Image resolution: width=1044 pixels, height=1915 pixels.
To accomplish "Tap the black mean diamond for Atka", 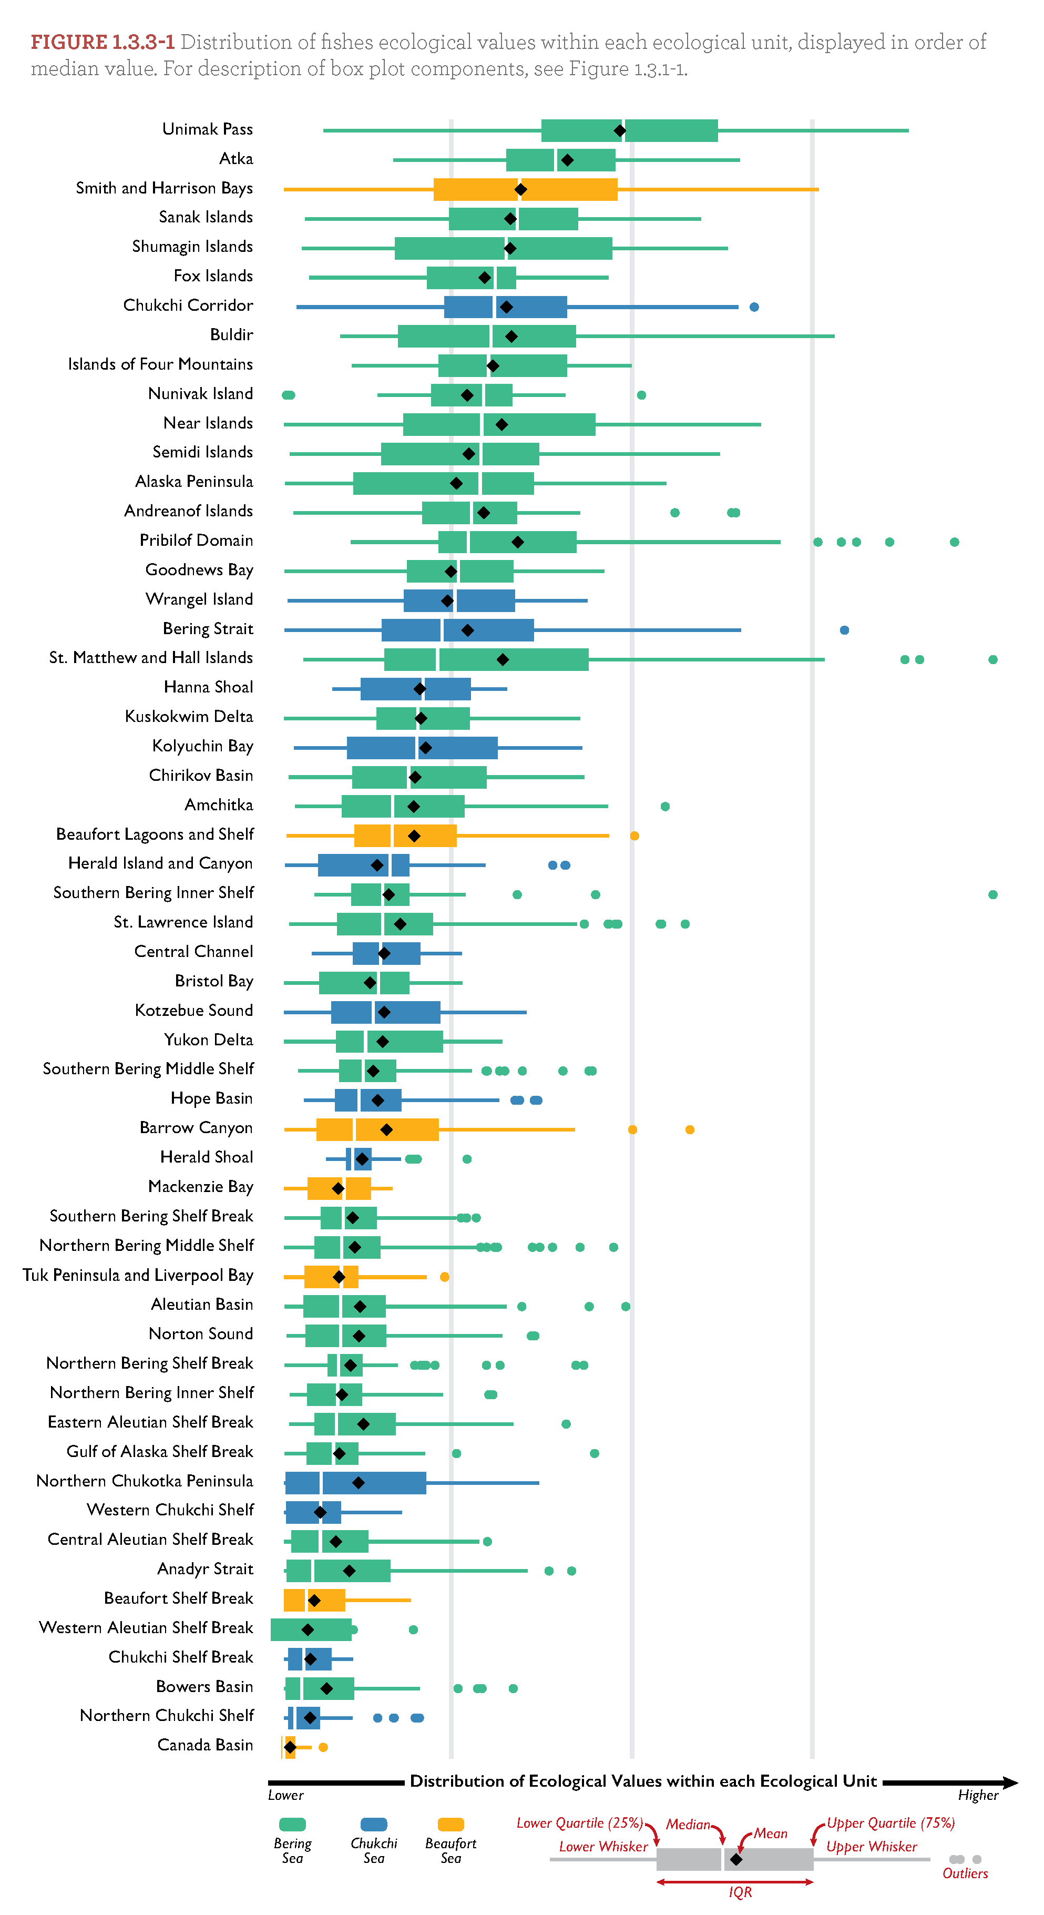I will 567,160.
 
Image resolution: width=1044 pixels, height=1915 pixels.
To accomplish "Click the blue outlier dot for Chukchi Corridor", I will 754,307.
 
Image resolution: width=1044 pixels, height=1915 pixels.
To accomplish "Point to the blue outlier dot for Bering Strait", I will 844,630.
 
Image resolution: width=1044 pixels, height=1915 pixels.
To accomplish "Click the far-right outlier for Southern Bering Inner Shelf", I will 992,894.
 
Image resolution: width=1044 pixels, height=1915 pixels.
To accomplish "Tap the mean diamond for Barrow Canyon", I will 386,1130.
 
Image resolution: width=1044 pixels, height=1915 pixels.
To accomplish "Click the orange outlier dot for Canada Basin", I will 323,1747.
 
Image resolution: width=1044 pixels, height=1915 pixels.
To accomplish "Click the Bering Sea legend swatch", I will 292,1825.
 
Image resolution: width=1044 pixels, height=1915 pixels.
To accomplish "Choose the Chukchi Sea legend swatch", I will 374,1825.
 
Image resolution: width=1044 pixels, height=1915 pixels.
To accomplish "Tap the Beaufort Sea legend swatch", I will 451,1825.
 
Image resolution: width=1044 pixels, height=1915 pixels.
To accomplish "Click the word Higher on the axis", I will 978,1795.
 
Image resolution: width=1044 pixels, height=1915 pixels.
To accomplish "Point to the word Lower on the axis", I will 286,1795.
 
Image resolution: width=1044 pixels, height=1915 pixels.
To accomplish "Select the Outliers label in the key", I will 965,1874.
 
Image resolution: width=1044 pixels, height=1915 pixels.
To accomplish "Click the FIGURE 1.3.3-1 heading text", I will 103,43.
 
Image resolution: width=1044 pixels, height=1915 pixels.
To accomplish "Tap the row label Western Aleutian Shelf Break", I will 146,1628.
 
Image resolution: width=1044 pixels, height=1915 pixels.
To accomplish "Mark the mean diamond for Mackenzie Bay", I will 338,1189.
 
